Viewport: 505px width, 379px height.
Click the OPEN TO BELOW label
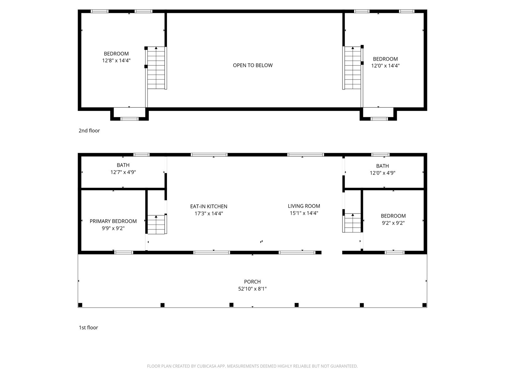[252, 65]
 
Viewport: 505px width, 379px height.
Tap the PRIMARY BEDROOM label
[113, 221]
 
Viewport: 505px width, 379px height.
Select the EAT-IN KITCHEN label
[209, 207]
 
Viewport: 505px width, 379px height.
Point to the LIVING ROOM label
[304, 206]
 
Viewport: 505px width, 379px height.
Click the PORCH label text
[252, 282]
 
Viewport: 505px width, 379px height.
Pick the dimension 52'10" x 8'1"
[252, 289]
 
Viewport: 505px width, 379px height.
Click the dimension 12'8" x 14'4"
[116, 61]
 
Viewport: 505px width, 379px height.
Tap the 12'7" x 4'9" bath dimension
[123, 172]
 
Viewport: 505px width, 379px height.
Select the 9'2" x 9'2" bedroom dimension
[393, 223]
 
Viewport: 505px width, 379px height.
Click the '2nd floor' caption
[89, 130]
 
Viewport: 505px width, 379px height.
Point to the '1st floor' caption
[88, 328]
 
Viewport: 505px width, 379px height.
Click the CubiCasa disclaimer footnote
[252, 366]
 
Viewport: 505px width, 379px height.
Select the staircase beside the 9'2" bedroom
[352, 223]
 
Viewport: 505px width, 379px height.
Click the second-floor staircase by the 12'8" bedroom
[157, 68]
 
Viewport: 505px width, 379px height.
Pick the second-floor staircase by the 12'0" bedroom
[352, 68]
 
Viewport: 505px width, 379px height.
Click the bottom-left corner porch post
[80, 305]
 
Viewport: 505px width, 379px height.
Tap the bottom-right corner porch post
[425, 305]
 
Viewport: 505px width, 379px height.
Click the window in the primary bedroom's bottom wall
[123, 252]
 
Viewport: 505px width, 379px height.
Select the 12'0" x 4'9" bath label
[382, 169]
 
